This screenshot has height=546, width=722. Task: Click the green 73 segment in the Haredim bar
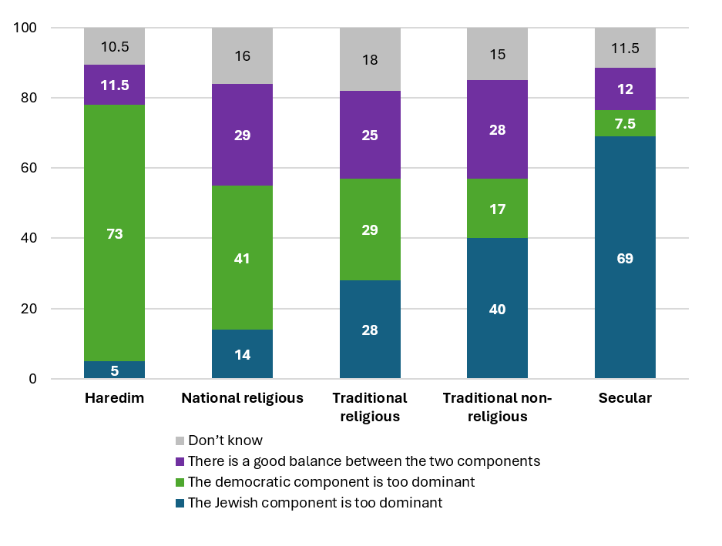(x=115, y=233)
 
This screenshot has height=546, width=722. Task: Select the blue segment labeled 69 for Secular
(x=625, y=258)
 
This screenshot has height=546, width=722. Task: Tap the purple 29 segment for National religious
(x=243, y=136)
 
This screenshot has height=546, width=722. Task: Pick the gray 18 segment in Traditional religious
(x=370, y=59)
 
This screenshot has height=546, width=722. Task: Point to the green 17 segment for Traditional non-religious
(x=497, y=209)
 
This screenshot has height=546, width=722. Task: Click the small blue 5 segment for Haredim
(x=115, y=370)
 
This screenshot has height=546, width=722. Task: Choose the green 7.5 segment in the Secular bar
(x=625, y=124)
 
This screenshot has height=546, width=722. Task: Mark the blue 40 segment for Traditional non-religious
(x=497, y=309)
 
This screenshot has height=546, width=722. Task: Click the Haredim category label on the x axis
(x=115, y=398)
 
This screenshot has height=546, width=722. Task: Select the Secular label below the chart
(x=625, y=398)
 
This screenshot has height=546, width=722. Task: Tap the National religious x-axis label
(x=243, y=398)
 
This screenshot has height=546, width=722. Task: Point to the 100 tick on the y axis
(x=26, y=28)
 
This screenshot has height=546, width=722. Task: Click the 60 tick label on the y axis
(x=29, y=169)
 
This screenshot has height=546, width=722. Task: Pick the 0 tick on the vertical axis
(x=33, y=379)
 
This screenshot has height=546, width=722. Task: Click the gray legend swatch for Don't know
(x=180, y=440)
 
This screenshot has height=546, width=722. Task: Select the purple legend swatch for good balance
(x=180, y=461)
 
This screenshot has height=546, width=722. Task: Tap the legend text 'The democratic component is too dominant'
(x=331, y=482)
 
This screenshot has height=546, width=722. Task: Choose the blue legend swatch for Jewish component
(x=180, y=503)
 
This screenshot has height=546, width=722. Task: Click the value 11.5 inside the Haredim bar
(x=115, y=85)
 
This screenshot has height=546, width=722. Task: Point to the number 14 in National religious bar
(x=243, y=355)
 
